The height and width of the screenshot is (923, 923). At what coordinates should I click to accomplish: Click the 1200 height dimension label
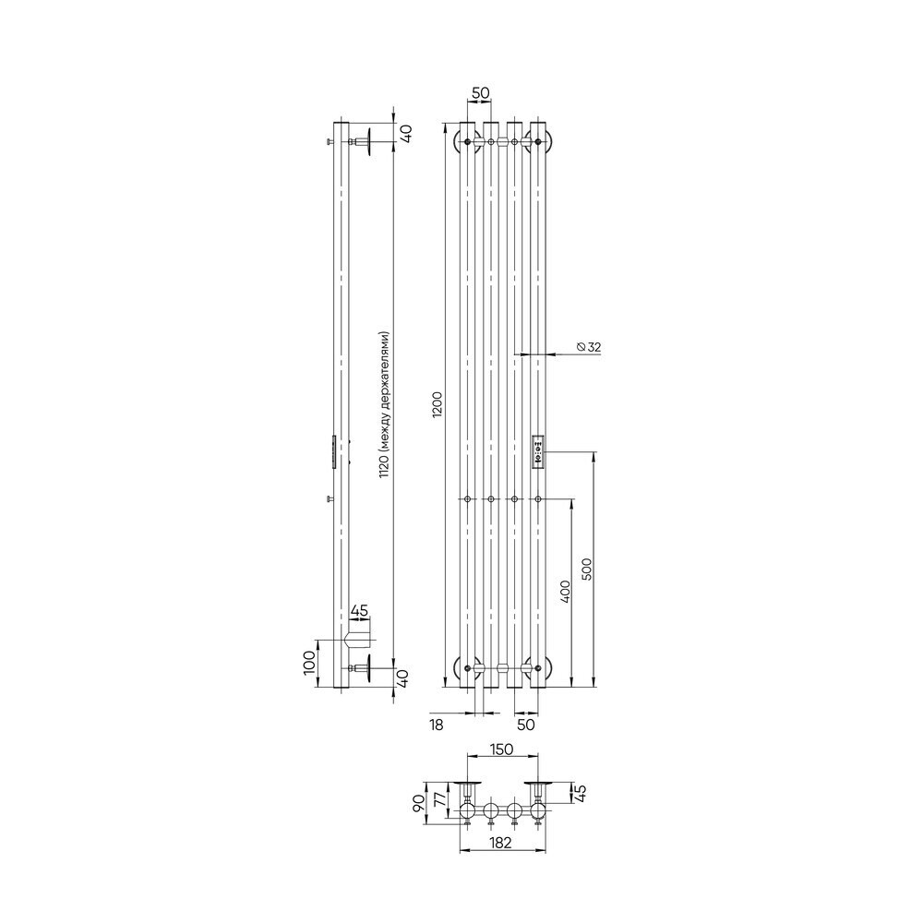437,405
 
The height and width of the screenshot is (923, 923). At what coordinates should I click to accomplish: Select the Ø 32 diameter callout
589,347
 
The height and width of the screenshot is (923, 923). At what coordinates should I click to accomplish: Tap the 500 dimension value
586,569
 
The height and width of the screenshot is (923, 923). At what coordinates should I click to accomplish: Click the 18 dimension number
437,725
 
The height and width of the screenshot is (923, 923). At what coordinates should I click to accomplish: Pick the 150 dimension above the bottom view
501,749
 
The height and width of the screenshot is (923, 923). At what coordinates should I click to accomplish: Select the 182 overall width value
500,843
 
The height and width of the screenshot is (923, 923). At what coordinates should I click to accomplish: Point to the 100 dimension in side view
309,664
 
